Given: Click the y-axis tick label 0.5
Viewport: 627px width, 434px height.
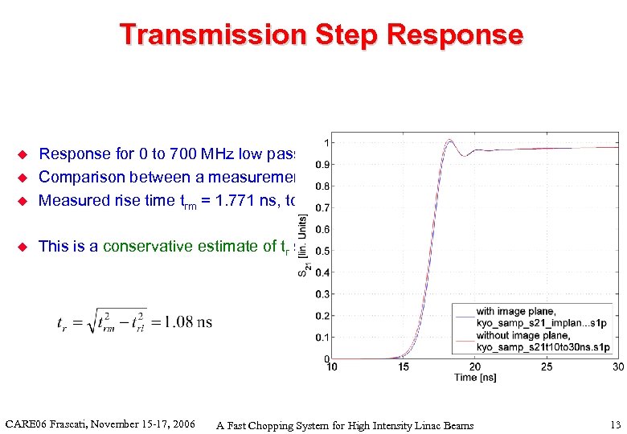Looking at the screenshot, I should (x=319, y=251).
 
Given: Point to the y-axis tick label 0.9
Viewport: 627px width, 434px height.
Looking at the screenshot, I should (x=319, y=165).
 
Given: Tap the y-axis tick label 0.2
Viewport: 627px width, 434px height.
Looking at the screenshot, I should (x=319, y=316).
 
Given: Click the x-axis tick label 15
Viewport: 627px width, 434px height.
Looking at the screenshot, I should (x=404, y=367).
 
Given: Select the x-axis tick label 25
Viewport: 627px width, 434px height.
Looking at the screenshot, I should (x=547, y=367).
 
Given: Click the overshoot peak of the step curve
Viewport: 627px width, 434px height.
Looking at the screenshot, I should (x=449, y=142).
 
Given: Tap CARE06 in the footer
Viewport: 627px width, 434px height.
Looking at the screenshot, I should (x=29, y=424).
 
